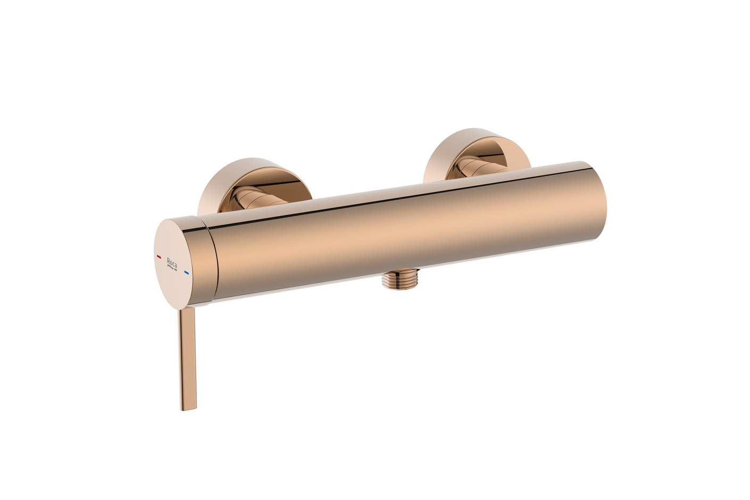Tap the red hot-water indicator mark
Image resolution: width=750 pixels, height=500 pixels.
(x=159, y=256)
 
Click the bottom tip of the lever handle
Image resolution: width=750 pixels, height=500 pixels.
(x=187, y=409)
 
